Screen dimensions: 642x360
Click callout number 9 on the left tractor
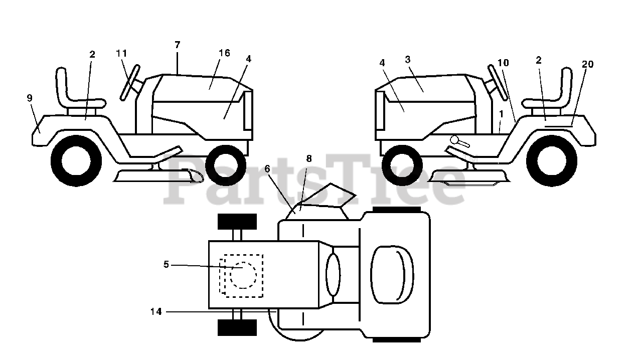coord(30,98)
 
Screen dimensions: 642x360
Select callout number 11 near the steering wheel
coord(121,53)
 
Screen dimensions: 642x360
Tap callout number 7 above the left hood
coord(177,45)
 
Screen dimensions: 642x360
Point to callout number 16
coord(224,53)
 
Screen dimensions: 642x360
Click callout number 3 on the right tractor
coord(408,59)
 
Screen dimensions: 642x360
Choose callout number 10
coord(503,63)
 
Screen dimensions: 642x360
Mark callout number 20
coord(587,64)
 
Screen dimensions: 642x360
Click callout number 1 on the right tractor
coord(501,114)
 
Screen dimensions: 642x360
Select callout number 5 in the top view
coord(167,264)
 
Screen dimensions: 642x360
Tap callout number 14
coord(156,311)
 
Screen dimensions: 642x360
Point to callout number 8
coord(308,158)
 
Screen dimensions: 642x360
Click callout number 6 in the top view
coord(267,169)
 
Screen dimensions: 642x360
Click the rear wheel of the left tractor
coord(76,163)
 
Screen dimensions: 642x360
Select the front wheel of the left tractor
coord(226,164)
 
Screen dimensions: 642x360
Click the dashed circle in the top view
coord(243,275)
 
